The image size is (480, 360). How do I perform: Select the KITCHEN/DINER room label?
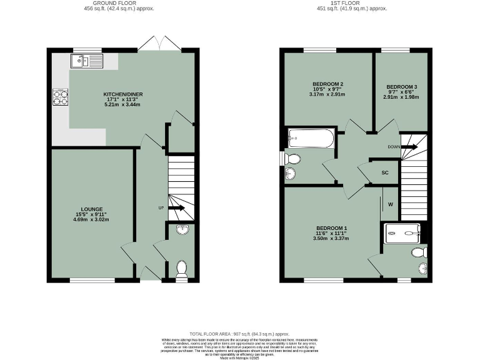click(x=123, y=94)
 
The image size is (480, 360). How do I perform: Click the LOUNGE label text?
click(x=91, y=209)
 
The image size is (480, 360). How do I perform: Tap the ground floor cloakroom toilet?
click(x=182, y=269)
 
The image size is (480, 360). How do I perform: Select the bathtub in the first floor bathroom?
click(x=311, y=138)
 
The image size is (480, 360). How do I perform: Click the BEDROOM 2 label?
click(x=327, y=84)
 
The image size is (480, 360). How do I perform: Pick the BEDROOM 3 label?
click(x=401, y=86)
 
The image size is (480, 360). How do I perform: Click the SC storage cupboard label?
click(x=385, y=172)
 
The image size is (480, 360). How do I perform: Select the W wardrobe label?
click(x=391, y=204)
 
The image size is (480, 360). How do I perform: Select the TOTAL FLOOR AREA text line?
click(x=240, y=334)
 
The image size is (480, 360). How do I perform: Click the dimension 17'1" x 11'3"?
click(x=123, y=100)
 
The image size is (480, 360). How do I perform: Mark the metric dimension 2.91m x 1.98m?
click(x=401, y=97)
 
